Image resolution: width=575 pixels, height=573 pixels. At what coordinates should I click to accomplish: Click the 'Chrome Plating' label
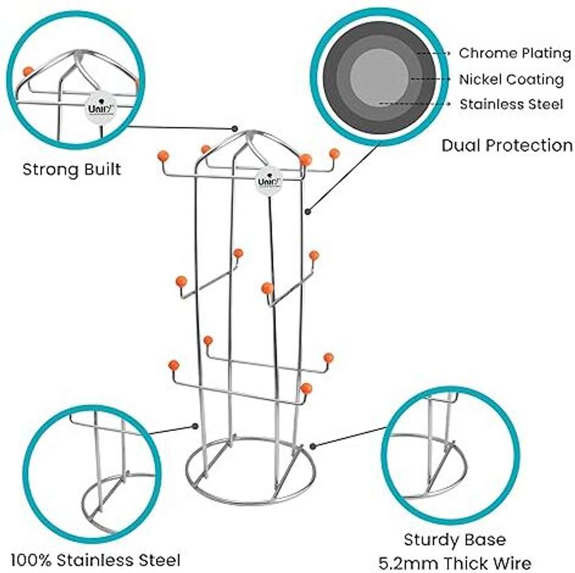[514, 54]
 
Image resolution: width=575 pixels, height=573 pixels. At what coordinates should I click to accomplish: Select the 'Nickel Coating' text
[511, 79]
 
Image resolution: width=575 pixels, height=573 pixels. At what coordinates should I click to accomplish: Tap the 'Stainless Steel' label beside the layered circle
[511, 104]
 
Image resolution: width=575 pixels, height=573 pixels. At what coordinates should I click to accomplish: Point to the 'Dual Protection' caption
[507, 145]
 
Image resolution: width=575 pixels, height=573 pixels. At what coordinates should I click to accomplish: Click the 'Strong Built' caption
[72, 170]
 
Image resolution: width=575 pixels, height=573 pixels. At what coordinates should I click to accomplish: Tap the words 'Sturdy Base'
[454, 539]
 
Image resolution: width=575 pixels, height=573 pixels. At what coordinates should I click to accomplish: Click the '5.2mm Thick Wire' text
[454, 562]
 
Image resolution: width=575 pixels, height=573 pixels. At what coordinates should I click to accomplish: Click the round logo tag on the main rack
[269, 180]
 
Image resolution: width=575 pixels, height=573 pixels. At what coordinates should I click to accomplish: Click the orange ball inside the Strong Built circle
[27, 71]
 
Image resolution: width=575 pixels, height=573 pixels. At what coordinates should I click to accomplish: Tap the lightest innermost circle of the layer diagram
[379, 77]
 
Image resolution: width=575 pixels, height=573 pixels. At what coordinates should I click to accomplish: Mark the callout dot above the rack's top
[235, 127]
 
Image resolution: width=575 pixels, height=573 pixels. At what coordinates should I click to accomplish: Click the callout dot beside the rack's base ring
[312, 446]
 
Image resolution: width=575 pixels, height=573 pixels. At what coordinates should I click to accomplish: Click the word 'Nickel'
[478, 79]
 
